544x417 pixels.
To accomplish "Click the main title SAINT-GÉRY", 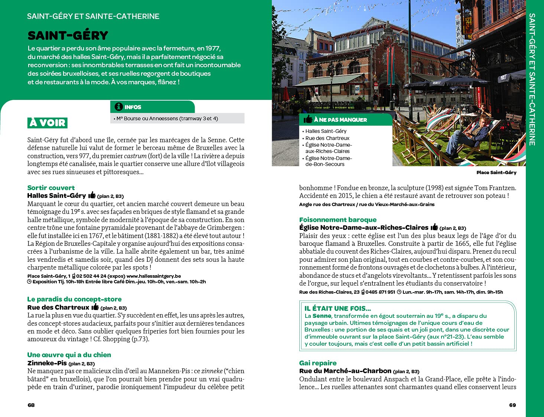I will coord(68,36).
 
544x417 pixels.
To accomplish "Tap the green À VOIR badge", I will coord(48,123).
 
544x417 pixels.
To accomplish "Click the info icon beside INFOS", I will coord(119,107).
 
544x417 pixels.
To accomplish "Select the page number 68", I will coord(31,405).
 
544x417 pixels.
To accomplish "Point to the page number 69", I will coord(512,405).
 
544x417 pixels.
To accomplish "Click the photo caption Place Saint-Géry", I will coord(496,172).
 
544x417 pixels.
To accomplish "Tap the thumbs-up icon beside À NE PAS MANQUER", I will coord(308,119).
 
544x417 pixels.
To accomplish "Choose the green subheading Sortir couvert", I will coord(51,188).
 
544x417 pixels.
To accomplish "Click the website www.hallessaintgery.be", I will coord(154,276).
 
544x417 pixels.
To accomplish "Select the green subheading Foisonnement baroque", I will coord(338,220).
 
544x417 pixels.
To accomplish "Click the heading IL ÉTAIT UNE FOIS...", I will coord(338,308).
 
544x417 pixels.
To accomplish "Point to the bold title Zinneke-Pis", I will coord(47,363).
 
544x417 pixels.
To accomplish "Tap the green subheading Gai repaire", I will coord(318,363).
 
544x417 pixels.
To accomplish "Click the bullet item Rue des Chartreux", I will coord(327,138).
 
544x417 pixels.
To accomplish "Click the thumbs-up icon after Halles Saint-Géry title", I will coord(92,195).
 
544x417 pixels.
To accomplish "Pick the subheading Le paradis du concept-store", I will coord(74,299).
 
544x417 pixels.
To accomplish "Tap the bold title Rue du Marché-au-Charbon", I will coord(345,371).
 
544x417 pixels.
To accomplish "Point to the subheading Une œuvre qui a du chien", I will coord(69,355).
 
